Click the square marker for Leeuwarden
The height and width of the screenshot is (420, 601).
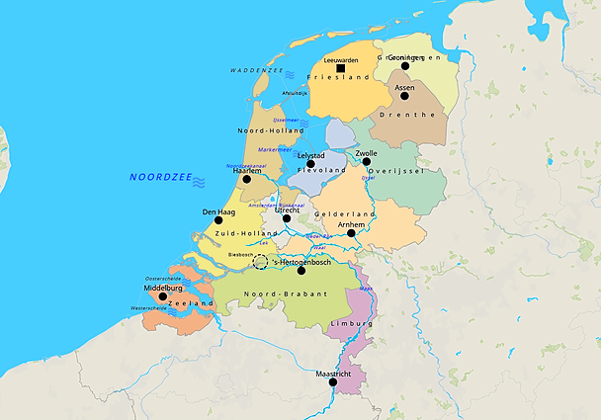(x=341, y=68)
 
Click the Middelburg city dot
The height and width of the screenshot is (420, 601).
(x=163, y=295)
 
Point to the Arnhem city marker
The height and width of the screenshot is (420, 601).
(x=351, y=233)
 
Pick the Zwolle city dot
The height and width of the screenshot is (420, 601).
(x=366, y=163)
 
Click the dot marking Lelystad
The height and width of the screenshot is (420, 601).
(x=310, y=163)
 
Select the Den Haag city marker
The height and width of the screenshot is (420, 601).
(x=218, y=220)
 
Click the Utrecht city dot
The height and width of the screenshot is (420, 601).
(x=287, y=217)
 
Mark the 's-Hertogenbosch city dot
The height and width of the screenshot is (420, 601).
(x=301, y=270)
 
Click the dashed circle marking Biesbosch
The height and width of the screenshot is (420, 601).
(x=261, y=262)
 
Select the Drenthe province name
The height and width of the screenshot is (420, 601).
(x=415, y=115)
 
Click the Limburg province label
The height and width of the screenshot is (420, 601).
(x=351, y=323)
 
